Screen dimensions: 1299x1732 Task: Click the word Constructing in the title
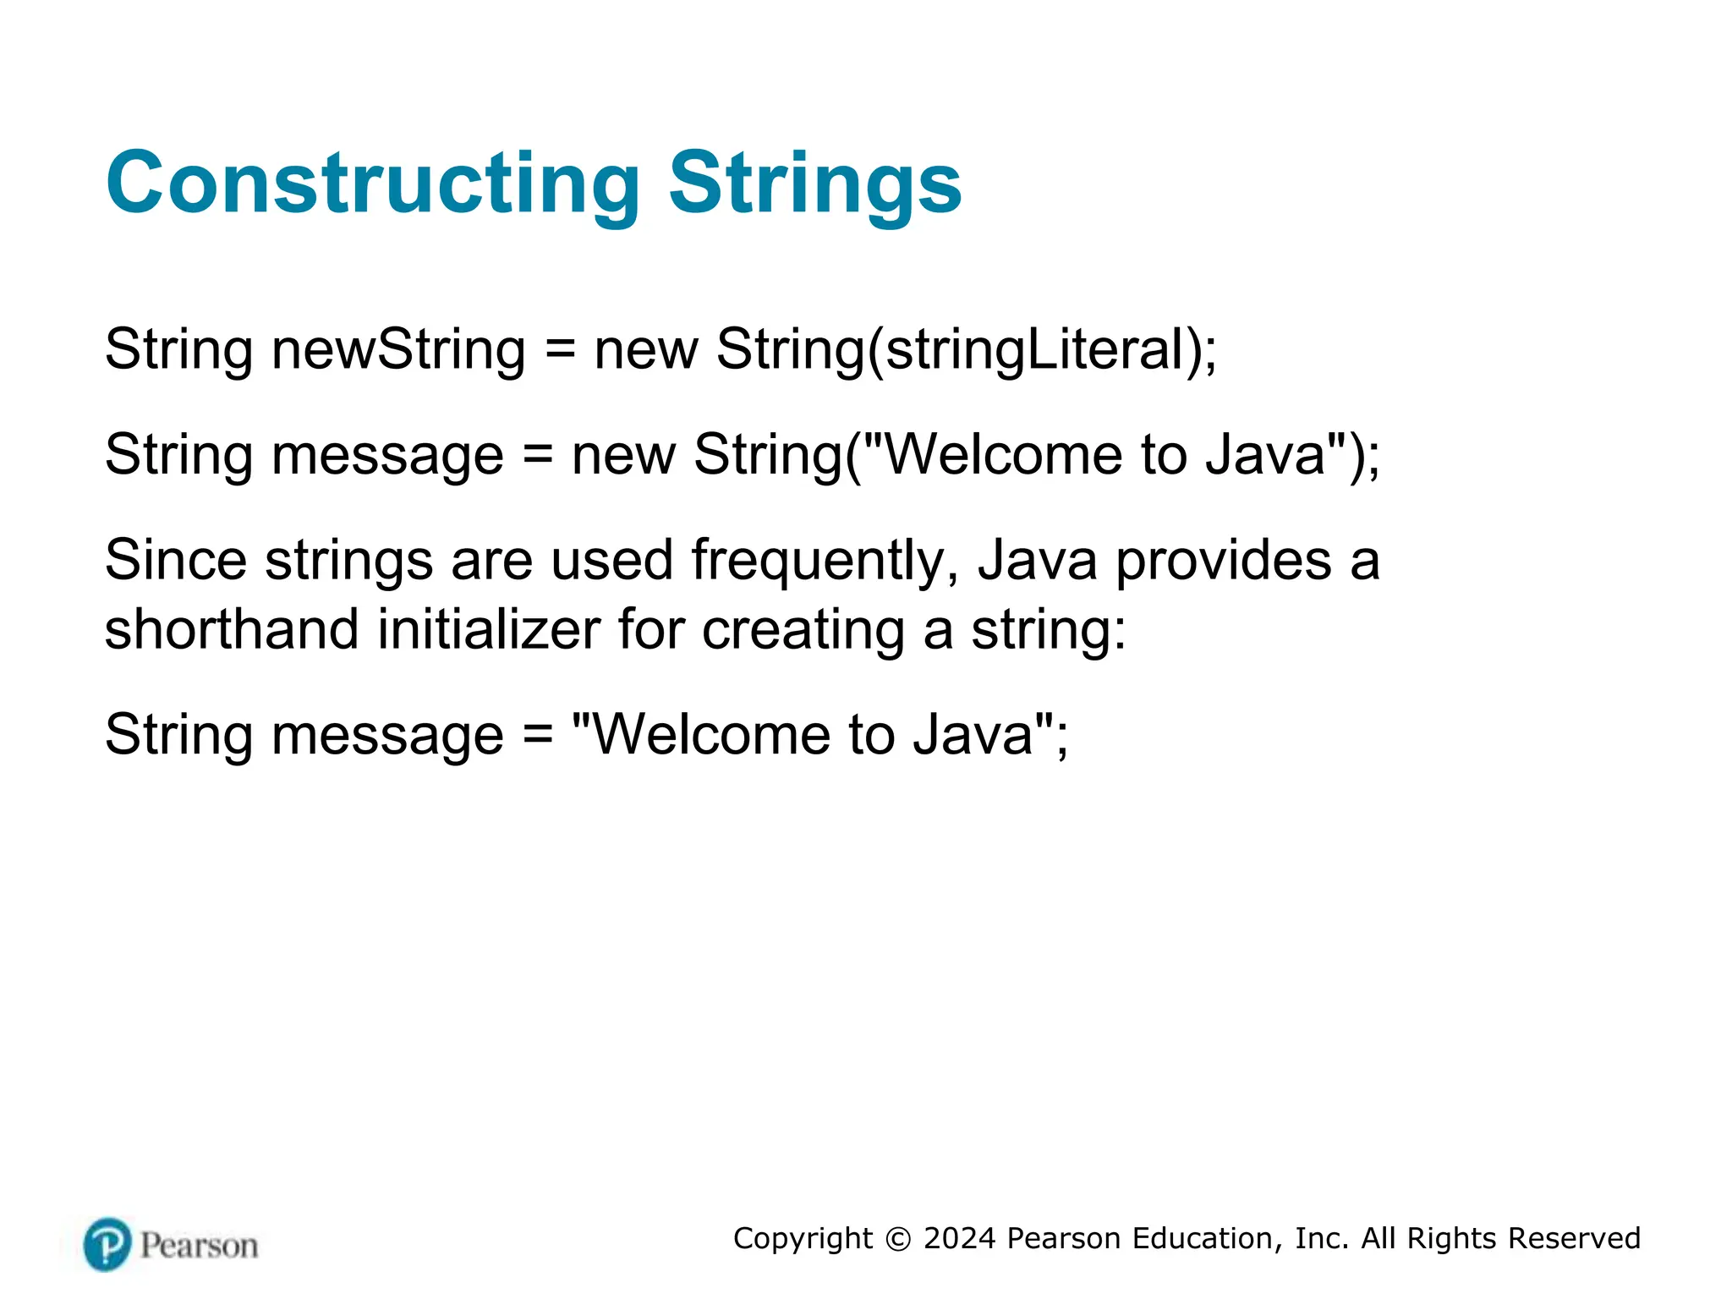coord(372,184)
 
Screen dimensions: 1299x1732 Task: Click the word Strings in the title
coord(815,184)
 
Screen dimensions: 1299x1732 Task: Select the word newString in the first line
coord(398,349)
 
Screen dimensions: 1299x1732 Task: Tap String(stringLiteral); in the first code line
coord(966,349)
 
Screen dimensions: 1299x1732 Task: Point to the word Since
coord(176,560)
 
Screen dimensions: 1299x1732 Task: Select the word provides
coord(1224,562)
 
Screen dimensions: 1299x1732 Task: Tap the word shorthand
coord(232,629)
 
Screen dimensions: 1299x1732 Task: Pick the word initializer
coord(489,629)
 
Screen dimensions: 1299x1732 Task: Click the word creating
coord(803,631)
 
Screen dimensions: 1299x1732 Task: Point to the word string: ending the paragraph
coord(1049,631)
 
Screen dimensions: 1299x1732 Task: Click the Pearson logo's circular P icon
coord(107,1244)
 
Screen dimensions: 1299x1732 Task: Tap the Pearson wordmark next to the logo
coord(199,1246)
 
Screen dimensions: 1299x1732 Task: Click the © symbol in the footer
coord(898,1239)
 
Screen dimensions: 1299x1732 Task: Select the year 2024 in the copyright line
coord(960,1238)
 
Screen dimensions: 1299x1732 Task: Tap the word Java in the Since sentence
coord(1037,560)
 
